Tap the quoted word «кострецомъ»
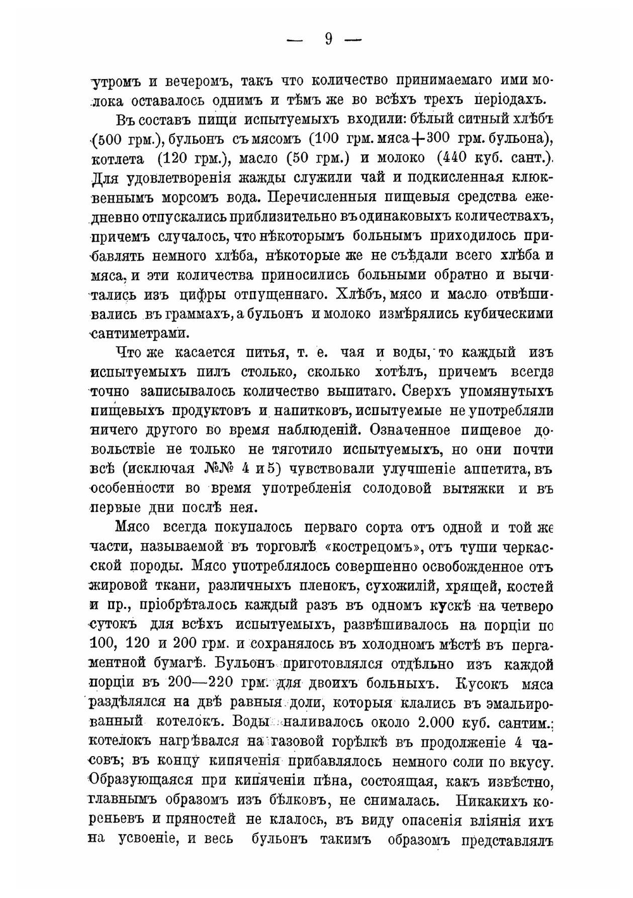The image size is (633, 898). (377, 546)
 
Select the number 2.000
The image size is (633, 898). (441, 722)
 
